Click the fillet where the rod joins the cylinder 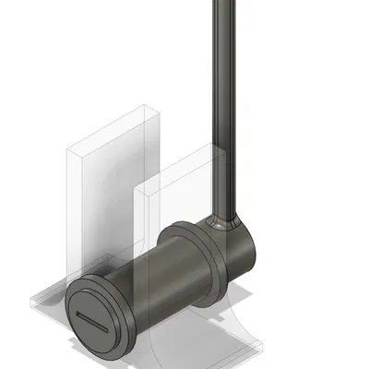point(224,221)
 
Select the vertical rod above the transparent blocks point(224,74)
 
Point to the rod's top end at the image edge point(224,3)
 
